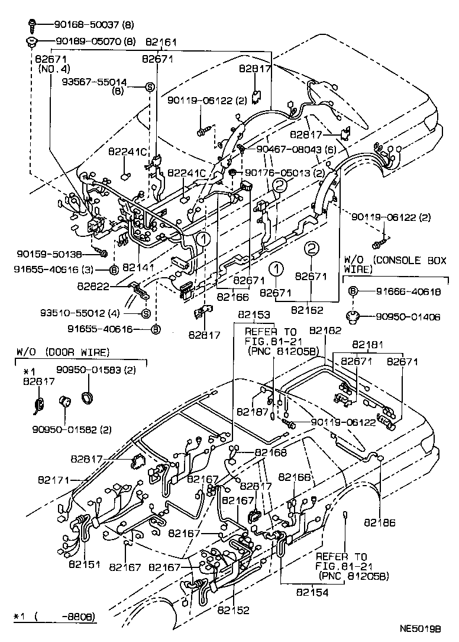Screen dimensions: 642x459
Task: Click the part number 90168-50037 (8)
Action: point(94,24)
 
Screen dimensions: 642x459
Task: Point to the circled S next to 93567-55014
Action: point(150,88)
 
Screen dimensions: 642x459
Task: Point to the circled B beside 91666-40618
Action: point(353,291)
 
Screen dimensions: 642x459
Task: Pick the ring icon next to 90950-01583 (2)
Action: point(88,396)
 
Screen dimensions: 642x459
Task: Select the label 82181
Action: point(367,344)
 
